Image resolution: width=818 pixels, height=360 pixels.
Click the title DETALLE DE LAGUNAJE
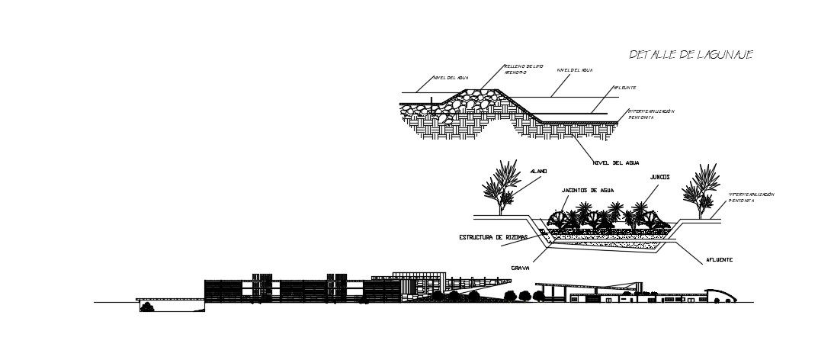pyautogui.click(x=691, y=55)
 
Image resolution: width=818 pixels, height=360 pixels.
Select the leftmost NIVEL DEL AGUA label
pyautogui.click(x=450, y=78)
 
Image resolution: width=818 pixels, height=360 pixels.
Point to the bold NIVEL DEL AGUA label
pyautogui.click(x=617, y=162)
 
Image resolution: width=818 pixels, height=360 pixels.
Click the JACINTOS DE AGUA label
pyautogui.click(x=588, y=189)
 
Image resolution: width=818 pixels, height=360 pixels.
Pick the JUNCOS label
pyautogui.click(x=660, y=176)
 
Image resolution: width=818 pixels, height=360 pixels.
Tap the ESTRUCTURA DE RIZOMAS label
pyautogui.click(x=492, y=237)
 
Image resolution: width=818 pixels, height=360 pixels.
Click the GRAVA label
pyautogui.click(x=521, y=268)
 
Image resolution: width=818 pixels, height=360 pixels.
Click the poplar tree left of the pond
pyautogui.click(x=502, y=188)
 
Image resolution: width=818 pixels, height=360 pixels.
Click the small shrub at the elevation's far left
pyautogui.click(x=147, y=307)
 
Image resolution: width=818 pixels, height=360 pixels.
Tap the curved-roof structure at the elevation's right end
pyautogui.click(x=720, y=295)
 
